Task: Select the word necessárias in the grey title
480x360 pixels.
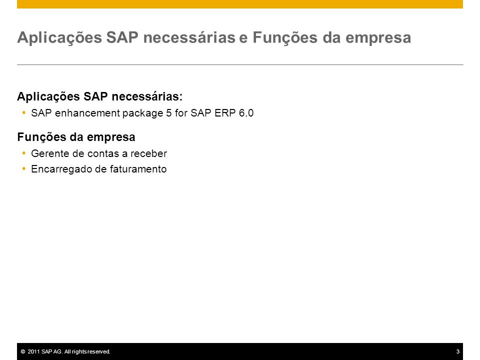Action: pyautogui.click(x=189, y=37)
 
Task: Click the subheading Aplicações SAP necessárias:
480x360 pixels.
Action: pyautogui.click(x=100, y=96)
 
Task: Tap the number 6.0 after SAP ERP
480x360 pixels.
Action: pyautogui.click(x=246, y=113)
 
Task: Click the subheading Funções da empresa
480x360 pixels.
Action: pyautogui.click(x=76, y=137)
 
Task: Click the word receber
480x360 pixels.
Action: pyautogui.click(x=149, y=153)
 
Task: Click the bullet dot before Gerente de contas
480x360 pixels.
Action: pyautogui.click(x=24, y=153)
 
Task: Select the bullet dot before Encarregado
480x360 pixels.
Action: pyautogui.click(x=24, y=168)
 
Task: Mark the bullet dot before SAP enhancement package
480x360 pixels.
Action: pyautogui.click(x=24, y=112)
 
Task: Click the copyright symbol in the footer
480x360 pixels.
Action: pyautogui.click(x=23, y=351)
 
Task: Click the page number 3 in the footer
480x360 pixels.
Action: pyautogui.click(x=458, y=351)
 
